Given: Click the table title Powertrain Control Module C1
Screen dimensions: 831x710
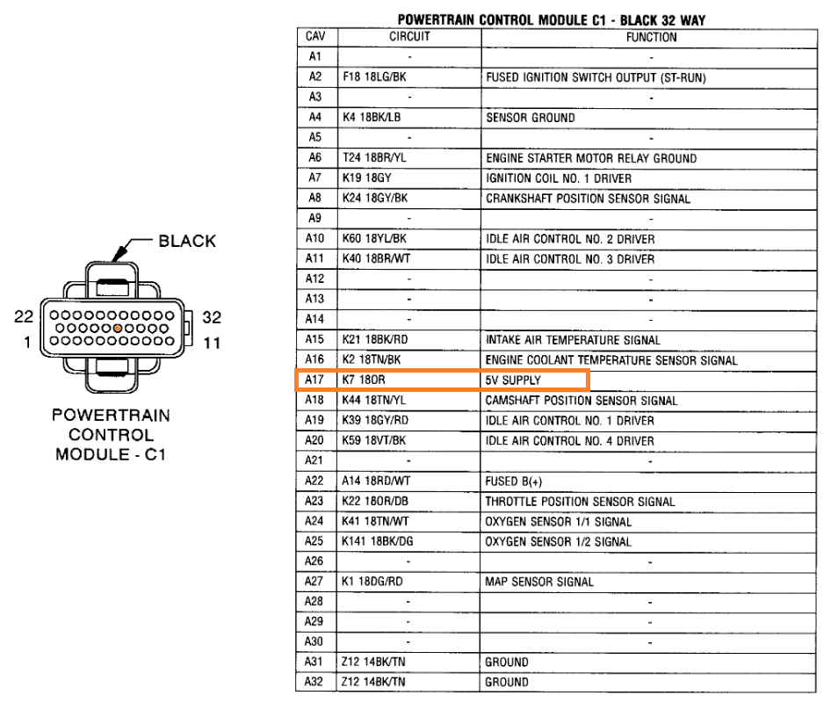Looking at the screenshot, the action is pyautogui.click(x=551, y=19).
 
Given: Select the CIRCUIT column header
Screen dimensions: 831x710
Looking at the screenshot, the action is pyautogui.click(x=409, y=38).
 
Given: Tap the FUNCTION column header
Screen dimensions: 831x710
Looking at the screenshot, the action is pyautogui.click(x=651, y=38).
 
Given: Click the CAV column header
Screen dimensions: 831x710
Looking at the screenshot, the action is pyautogui.click(x=314, y=38).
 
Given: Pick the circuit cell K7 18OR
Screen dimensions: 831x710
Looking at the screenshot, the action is pyautogui.click(x=365, y=380).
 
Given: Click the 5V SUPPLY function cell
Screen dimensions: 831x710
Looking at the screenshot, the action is pyautogui.click(x=514, y=380).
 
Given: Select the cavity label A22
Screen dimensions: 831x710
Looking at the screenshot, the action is pyautogui.click(x=314, y=482).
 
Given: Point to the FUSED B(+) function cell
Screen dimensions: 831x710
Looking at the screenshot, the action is pyautogui.click(x=515, y=482).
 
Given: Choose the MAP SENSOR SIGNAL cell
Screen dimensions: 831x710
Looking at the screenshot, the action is pyautogui.click(x=539, y=582).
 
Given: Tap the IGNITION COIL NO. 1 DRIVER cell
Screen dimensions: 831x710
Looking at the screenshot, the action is pyautogui.click(x=559, y=178).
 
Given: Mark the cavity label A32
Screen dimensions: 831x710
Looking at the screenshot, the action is pyautogui.click(x=314, y=683).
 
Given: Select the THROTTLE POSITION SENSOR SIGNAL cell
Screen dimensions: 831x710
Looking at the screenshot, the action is pyautogui.click(x=580, y=502).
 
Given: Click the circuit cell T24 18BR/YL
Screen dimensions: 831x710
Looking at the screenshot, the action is pyautogui.click(x=375, y=158).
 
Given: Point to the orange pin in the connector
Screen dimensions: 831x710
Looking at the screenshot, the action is pyautogui.click(x=117, y=327).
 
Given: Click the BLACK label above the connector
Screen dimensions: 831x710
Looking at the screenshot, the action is pyautogui.click(x=187, y=241).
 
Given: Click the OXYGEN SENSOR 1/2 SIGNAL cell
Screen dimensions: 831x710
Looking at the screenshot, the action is pyautogui.click(x=558, y=542).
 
